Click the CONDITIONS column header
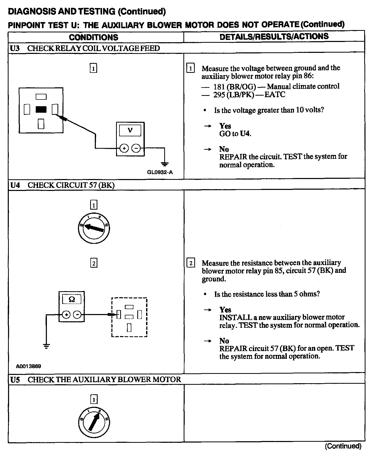click(x=94, y=37)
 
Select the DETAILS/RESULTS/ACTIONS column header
click(x=274, y=37)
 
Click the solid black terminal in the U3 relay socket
click(x=41, y=110)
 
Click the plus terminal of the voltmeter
click(x=124, y=148)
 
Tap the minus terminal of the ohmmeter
click(x=77, y=315)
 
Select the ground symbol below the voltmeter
click(x=164, y=164)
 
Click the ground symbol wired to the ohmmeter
click(x=46, y=346)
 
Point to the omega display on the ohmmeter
click(x=72, y=300)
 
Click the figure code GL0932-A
click(x=160, y=172)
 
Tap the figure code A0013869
click(x=28, y=366)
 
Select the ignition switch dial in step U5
click(x=94, y=423)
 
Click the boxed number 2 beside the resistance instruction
click(x=191, y=263)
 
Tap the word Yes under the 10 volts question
click(x=225, y=126)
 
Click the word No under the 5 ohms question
click(x=224, y=341)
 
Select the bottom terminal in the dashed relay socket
click(x=129, y=328)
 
